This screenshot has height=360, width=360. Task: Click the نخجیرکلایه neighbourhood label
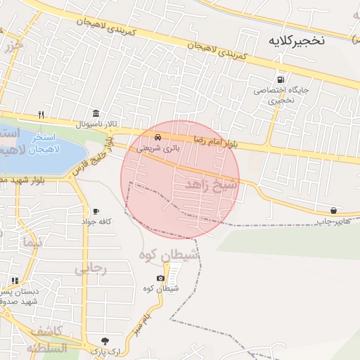coord(296,41)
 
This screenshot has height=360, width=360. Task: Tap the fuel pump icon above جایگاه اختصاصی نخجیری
coord(282,79)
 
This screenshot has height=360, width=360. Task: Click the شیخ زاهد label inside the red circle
coord(212,184)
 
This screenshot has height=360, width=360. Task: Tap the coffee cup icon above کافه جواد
coord(96,212)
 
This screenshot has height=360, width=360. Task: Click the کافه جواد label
coord(96,222)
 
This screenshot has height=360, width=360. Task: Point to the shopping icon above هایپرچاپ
coord(333,210)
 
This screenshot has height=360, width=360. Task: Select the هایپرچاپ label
coord(333,221)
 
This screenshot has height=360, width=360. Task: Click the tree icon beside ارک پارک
coord(105,340)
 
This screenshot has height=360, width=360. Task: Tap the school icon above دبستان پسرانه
coord(15,281)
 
